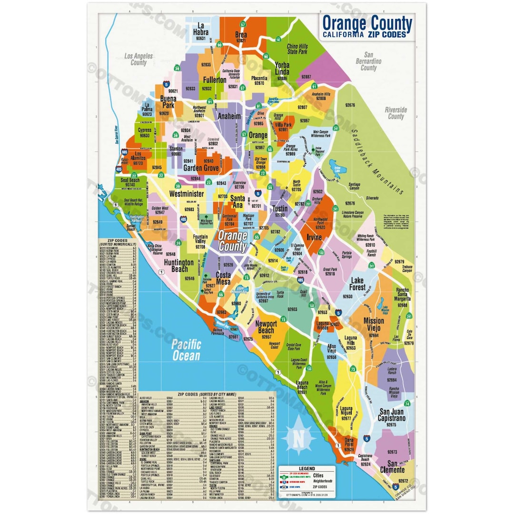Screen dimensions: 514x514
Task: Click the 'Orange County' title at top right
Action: click(367, 22)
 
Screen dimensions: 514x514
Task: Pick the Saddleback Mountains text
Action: click(377, 162)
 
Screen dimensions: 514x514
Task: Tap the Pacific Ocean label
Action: click(187, 350)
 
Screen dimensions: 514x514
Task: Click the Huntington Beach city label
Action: click(179, 266)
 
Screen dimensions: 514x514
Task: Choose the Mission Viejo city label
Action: click(374, 325)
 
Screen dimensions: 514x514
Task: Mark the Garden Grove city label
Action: click(201, 168)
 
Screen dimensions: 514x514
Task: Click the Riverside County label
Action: click(395, 113)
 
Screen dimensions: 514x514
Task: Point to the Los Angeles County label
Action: click(138, 59)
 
